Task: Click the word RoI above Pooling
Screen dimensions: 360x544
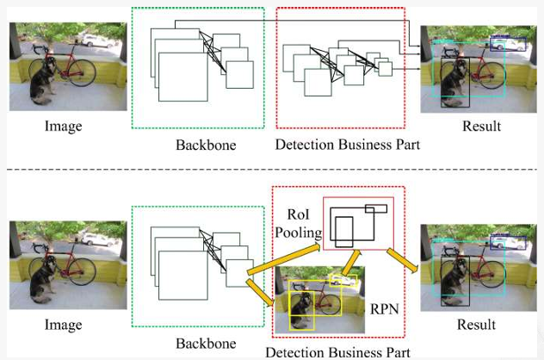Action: click(300, 212)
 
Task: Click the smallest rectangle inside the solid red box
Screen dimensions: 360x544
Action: click(375, 208)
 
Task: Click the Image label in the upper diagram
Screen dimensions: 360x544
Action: click(63, 127)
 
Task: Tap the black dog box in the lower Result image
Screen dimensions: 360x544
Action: click(454, 279)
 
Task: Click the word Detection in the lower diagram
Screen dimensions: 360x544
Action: click(297, 351)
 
